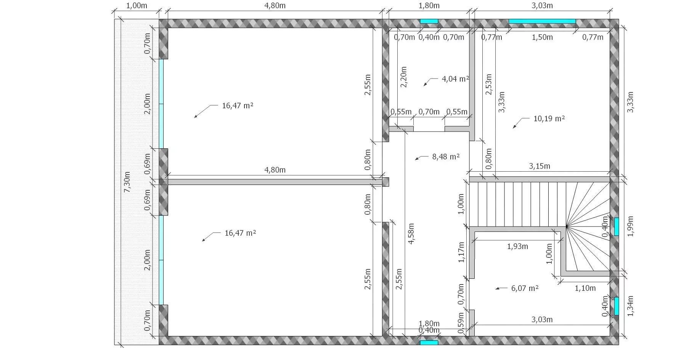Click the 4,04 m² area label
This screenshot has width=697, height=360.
pos(455,79)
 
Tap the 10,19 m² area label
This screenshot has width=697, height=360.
pos(549,119)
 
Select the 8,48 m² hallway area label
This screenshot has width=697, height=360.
pos(446,157)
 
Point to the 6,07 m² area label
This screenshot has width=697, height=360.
pos(525,288)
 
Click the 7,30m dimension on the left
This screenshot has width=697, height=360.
pos(127,182)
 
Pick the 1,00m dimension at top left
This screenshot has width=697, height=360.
pos(137,6)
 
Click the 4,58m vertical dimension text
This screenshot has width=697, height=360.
pos(411,233)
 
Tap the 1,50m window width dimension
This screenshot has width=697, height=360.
pos(542,37)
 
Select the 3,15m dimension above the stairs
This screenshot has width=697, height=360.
pos(540,166)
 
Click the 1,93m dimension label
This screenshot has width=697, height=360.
pos(517,246)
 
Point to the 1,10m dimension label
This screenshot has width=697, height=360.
pos(585,288)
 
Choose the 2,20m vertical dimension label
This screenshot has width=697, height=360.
pos(404,77)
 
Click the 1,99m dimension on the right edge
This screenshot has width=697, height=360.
pos(630,226)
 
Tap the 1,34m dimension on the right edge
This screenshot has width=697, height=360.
pos(630,306)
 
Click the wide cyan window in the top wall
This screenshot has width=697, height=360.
pos(542,21)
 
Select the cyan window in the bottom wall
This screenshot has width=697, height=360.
pos(429,342)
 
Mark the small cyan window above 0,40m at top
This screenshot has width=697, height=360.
pos(429,21)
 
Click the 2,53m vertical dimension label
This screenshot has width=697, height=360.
pos(488,84)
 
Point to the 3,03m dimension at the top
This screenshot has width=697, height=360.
pos(542,6)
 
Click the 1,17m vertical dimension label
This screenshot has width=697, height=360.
pos(461,252)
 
